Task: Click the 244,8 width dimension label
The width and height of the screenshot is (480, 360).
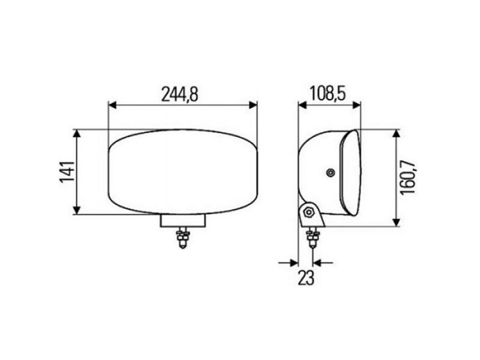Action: [x=180, y=94]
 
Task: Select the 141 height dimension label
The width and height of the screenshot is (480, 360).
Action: [x=67, y=172]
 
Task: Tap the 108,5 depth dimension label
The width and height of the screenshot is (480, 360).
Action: [x=328, y=94]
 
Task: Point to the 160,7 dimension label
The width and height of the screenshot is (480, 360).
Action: [x=408, y=178]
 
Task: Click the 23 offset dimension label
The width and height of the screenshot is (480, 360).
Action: [x=306, y=278]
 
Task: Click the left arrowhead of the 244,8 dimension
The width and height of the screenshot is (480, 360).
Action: [x=113, y=105]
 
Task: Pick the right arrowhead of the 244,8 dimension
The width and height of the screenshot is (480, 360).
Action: [x=253, y=105]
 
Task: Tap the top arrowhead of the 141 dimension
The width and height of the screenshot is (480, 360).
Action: [x=77, y=134]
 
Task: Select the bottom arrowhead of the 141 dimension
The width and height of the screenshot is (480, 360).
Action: [x=77, y=210]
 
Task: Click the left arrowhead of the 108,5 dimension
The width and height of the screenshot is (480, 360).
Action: [x=302, y=105]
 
